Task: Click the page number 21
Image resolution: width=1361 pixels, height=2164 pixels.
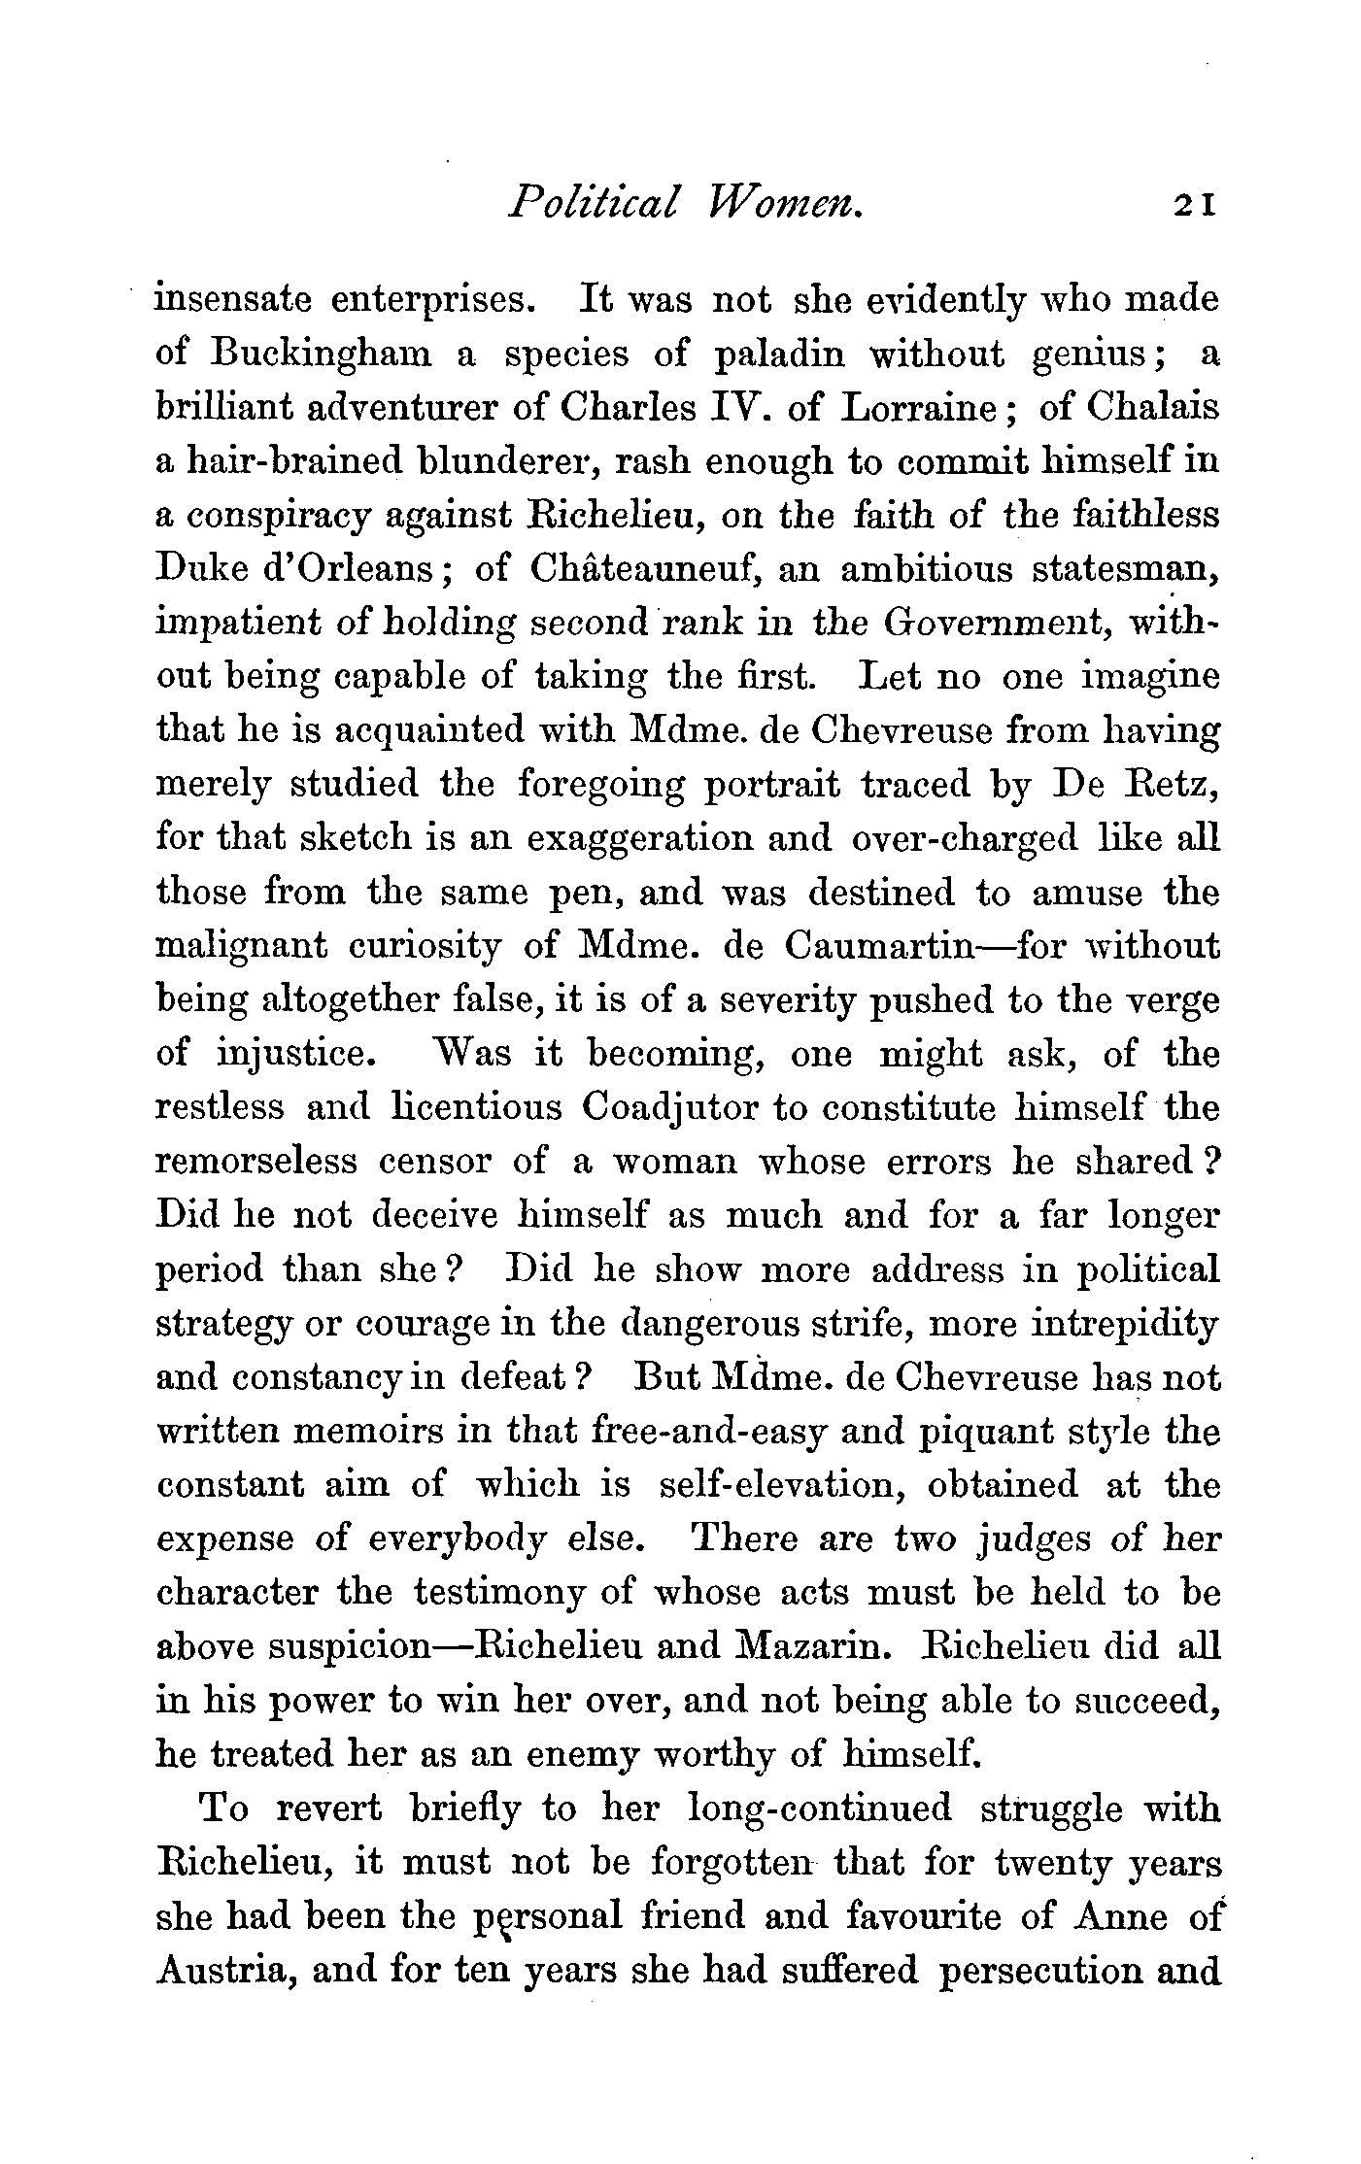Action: [x=1193, y=206]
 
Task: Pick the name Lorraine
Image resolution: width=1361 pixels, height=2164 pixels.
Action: [x=915, y=407]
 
